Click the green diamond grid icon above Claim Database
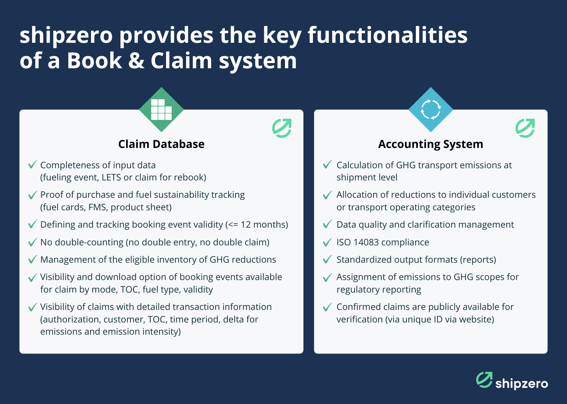tap(161, 110)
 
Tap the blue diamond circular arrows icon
tap(431, 110)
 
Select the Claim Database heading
tap(161, 144)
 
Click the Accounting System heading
tap(430, 144)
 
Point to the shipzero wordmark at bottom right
tap(521, 384)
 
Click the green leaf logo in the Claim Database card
tap(282, 128)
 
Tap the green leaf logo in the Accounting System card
tap(525, 128)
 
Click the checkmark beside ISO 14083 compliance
tap(327, 242)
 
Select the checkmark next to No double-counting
tap(32, 242)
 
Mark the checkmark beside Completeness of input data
tap(32, 165)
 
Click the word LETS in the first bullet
tap(111, 177)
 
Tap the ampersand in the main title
tap(136, 61)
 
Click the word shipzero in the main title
tap(66, 36)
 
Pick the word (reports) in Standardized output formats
tap(478, 260)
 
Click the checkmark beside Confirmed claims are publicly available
tap(327, 307)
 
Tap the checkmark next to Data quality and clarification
tap(327, 224)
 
